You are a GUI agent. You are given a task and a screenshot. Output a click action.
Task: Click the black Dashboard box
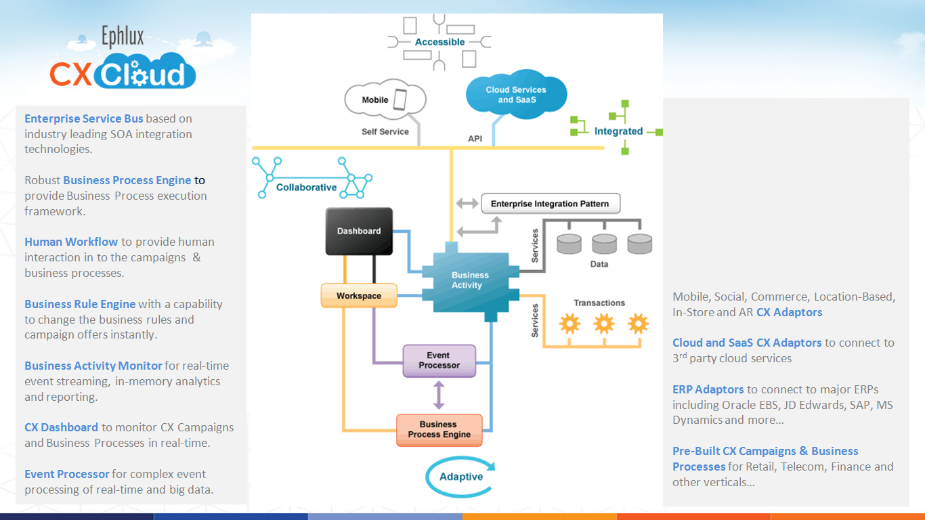[x=359, y=231]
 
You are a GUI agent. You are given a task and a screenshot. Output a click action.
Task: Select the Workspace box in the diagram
[x=359, y=296]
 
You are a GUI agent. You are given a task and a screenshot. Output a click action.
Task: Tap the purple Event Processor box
[x=439, y=360]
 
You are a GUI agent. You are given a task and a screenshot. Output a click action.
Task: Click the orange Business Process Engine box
[x=439, y=429]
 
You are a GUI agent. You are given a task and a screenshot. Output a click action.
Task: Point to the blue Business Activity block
[x=470, y=280]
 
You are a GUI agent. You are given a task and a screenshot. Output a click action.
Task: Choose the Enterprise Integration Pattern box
[x=550, y=204]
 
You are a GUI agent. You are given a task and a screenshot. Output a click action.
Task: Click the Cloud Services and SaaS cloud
[x=516, y=95]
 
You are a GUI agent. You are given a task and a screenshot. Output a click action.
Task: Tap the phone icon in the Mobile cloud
[x=400, y=100]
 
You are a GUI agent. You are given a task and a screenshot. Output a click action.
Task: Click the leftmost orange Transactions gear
[x=569, y=324]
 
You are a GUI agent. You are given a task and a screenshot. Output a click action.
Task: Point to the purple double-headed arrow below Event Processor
[x=439, y=394]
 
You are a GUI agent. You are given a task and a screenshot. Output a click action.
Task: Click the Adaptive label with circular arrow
[x=460, y=477]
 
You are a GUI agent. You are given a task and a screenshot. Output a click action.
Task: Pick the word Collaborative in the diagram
[x=306, y=188]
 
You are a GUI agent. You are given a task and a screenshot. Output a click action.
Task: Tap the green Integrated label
[x=618, y=131]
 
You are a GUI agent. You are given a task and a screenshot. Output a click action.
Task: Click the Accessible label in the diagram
[x=439, y=42]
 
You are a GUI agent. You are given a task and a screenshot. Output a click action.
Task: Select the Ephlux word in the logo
[x=123, y=37]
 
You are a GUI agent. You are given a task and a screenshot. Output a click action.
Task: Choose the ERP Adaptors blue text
[x=708, y=389]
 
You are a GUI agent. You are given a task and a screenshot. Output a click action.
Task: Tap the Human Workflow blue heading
[x=72, y=242]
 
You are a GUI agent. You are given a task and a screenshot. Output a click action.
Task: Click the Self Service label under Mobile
[x=385, y=131]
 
